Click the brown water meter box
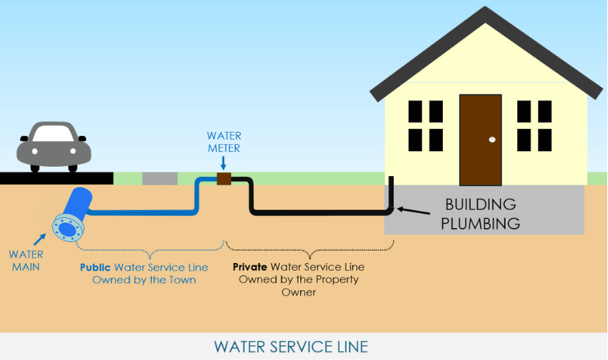point(223,179)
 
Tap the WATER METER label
point(223,142)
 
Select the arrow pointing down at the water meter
point(223,163)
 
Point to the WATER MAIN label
point(26,259)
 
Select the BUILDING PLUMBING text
point(481,215)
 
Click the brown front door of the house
point(480,140)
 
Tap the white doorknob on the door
point(492,140)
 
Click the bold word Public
point(96,266)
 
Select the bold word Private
point(251,266)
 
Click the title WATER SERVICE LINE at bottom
point(302,346)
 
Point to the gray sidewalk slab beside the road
point(160,178)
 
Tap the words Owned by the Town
point(143,279)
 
